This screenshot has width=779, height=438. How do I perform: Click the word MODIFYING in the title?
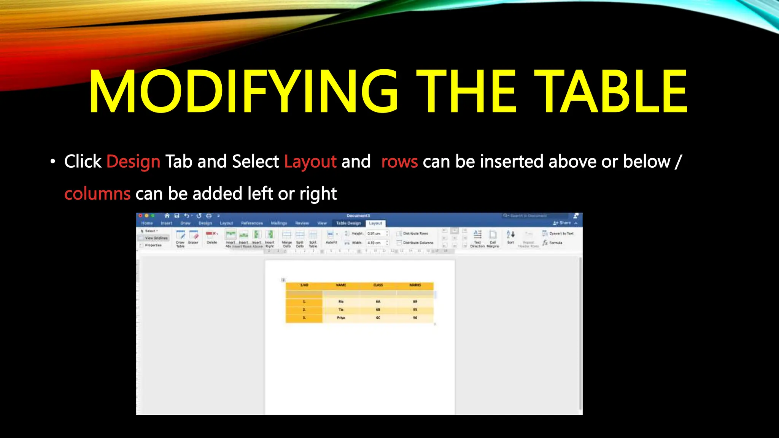[x=243, y=92]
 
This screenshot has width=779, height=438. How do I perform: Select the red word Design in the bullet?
[x=133, y=162]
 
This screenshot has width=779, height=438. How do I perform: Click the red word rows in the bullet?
[x=399, y=162]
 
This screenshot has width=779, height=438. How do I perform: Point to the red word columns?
[x=97, y=194]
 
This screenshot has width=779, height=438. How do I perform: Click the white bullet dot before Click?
[x=53, y=162]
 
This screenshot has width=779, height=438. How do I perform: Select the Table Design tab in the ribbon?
[x=348, y=223]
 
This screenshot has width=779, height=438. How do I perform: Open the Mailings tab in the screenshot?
[x=279, y=223]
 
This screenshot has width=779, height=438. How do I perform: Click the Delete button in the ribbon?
[x=212, y=237]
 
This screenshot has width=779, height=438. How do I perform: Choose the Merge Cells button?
[x=287, y=238]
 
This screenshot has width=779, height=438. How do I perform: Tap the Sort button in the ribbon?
[x=510, y=237]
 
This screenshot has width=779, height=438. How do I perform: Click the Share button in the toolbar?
[x=562, y=223]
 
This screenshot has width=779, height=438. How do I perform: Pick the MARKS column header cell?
[x=415, y=285]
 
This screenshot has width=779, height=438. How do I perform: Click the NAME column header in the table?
[x=341, y=285]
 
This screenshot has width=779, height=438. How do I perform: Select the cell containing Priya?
[x=341, y=318]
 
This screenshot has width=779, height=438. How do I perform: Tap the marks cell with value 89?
[x=415, y=302]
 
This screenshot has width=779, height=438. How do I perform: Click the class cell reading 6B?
[x=378, y=310]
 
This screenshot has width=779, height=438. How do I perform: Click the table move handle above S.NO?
[x=283, y=280]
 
